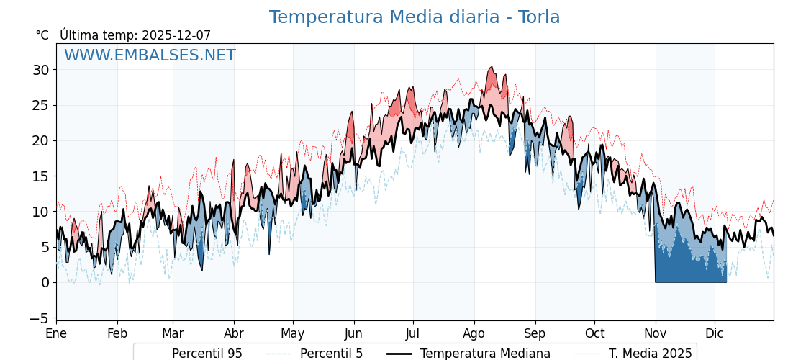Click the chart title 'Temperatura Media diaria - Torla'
415,17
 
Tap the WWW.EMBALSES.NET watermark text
150,55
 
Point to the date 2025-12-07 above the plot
176,35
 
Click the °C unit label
42,35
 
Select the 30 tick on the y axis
40,70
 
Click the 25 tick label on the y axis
40,105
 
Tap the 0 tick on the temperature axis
45,282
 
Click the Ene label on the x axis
56,333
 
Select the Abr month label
234,333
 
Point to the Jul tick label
413,333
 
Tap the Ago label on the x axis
474,333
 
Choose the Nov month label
655,333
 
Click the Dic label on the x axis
715,333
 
